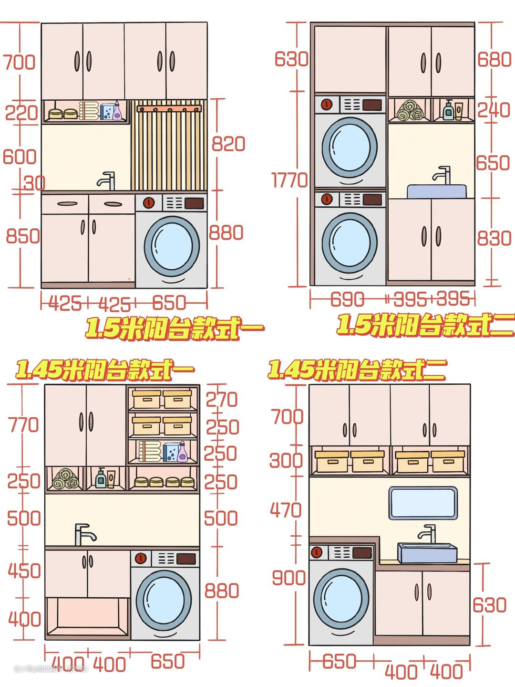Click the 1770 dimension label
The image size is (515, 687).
click(289, 180)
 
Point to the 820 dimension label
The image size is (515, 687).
click(228, 143)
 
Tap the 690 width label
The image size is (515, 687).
click(347, 299)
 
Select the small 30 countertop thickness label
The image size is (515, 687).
click(35, 182)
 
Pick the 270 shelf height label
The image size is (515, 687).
click(222, 399)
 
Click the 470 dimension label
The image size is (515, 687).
click(286, 510)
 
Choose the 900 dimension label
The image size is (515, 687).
click(288, 578)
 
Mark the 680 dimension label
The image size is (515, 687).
click(494, 60)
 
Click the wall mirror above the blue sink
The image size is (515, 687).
click(422, 503)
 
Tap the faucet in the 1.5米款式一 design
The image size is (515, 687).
click(107, 180)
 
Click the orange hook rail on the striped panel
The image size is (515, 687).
click(169, 109)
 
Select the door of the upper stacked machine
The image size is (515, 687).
click(350, 145)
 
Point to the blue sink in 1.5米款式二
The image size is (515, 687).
click(436, 191)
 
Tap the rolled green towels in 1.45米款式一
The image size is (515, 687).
click(66, 478)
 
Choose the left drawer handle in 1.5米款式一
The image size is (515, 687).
click(67, 204)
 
